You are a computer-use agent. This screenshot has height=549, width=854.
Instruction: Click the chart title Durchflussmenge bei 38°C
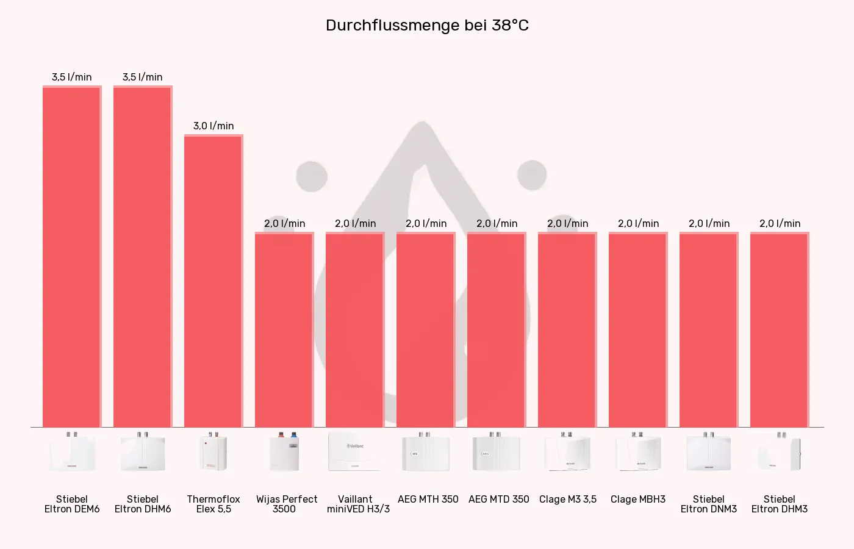pyautogui.click(x=427, y=25)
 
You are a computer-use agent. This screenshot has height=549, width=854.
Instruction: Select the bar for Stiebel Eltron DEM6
pyautogui.click(x=71, y=256)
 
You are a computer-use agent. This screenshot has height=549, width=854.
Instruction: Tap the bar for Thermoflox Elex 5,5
pyautogui.click(x=213, y=281)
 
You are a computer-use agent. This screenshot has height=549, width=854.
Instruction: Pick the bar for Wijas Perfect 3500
pyautogui.click(x=284, y=329)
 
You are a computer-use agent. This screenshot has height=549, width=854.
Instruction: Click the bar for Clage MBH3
pyautogui.click(x=637, y=329)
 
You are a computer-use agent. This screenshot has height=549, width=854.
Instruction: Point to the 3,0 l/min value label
pyautogui.click(x=213, y=126)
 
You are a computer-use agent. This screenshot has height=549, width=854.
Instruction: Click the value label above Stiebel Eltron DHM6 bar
pyautogui.click(x=142, y=77)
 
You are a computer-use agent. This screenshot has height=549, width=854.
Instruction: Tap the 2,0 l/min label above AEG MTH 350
pyautogui.click(x=426, y=223)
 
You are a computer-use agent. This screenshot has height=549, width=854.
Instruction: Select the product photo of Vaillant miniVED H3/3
pyautogui.click(x=355, y=452)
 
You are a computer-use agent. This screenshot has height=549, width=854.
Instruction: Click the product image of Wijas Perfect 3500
pyautogui.click(x=284, y=452)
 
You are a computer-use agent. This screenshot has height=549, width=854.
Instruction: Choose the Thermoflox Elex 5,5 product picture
pyautogui.click(x=213, y=452)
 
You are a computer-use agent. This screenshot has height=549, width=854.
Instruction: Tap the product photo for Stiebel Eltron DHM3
pyautogui.click(x=780, y=452)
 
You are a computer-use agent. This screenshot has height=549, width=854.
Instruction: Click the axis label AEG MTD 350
pyautogui.click(x=498, y=499)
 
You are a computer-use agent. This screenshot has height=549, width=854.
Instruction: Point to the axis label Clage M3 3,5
pyautogui.click(x=568, y=499)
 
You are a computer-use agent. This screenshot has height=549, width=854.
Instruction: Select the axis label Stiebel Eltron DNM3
pyautogui.click(x=708, y=504)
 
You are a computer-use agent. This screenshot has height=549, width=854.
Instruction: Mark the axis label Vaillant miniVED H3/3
pyautogui.click(x=357, y=504)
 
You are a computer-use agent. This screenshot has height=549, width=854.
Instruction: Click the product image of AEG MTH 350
pyautogui.click(x=426, y=452)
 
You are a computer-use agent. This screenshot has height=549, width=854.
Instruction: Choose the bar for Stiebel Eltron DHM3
pyautogui.click(x=779, y=329)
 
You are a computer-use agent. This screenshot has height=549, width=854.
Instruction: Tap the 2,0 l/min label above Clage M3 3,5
pyautogui.click(x=567, y=223)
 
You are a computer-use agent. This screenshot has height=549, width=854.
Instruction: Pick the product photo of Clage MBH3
pyautogui.click(x=638, y=452)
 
